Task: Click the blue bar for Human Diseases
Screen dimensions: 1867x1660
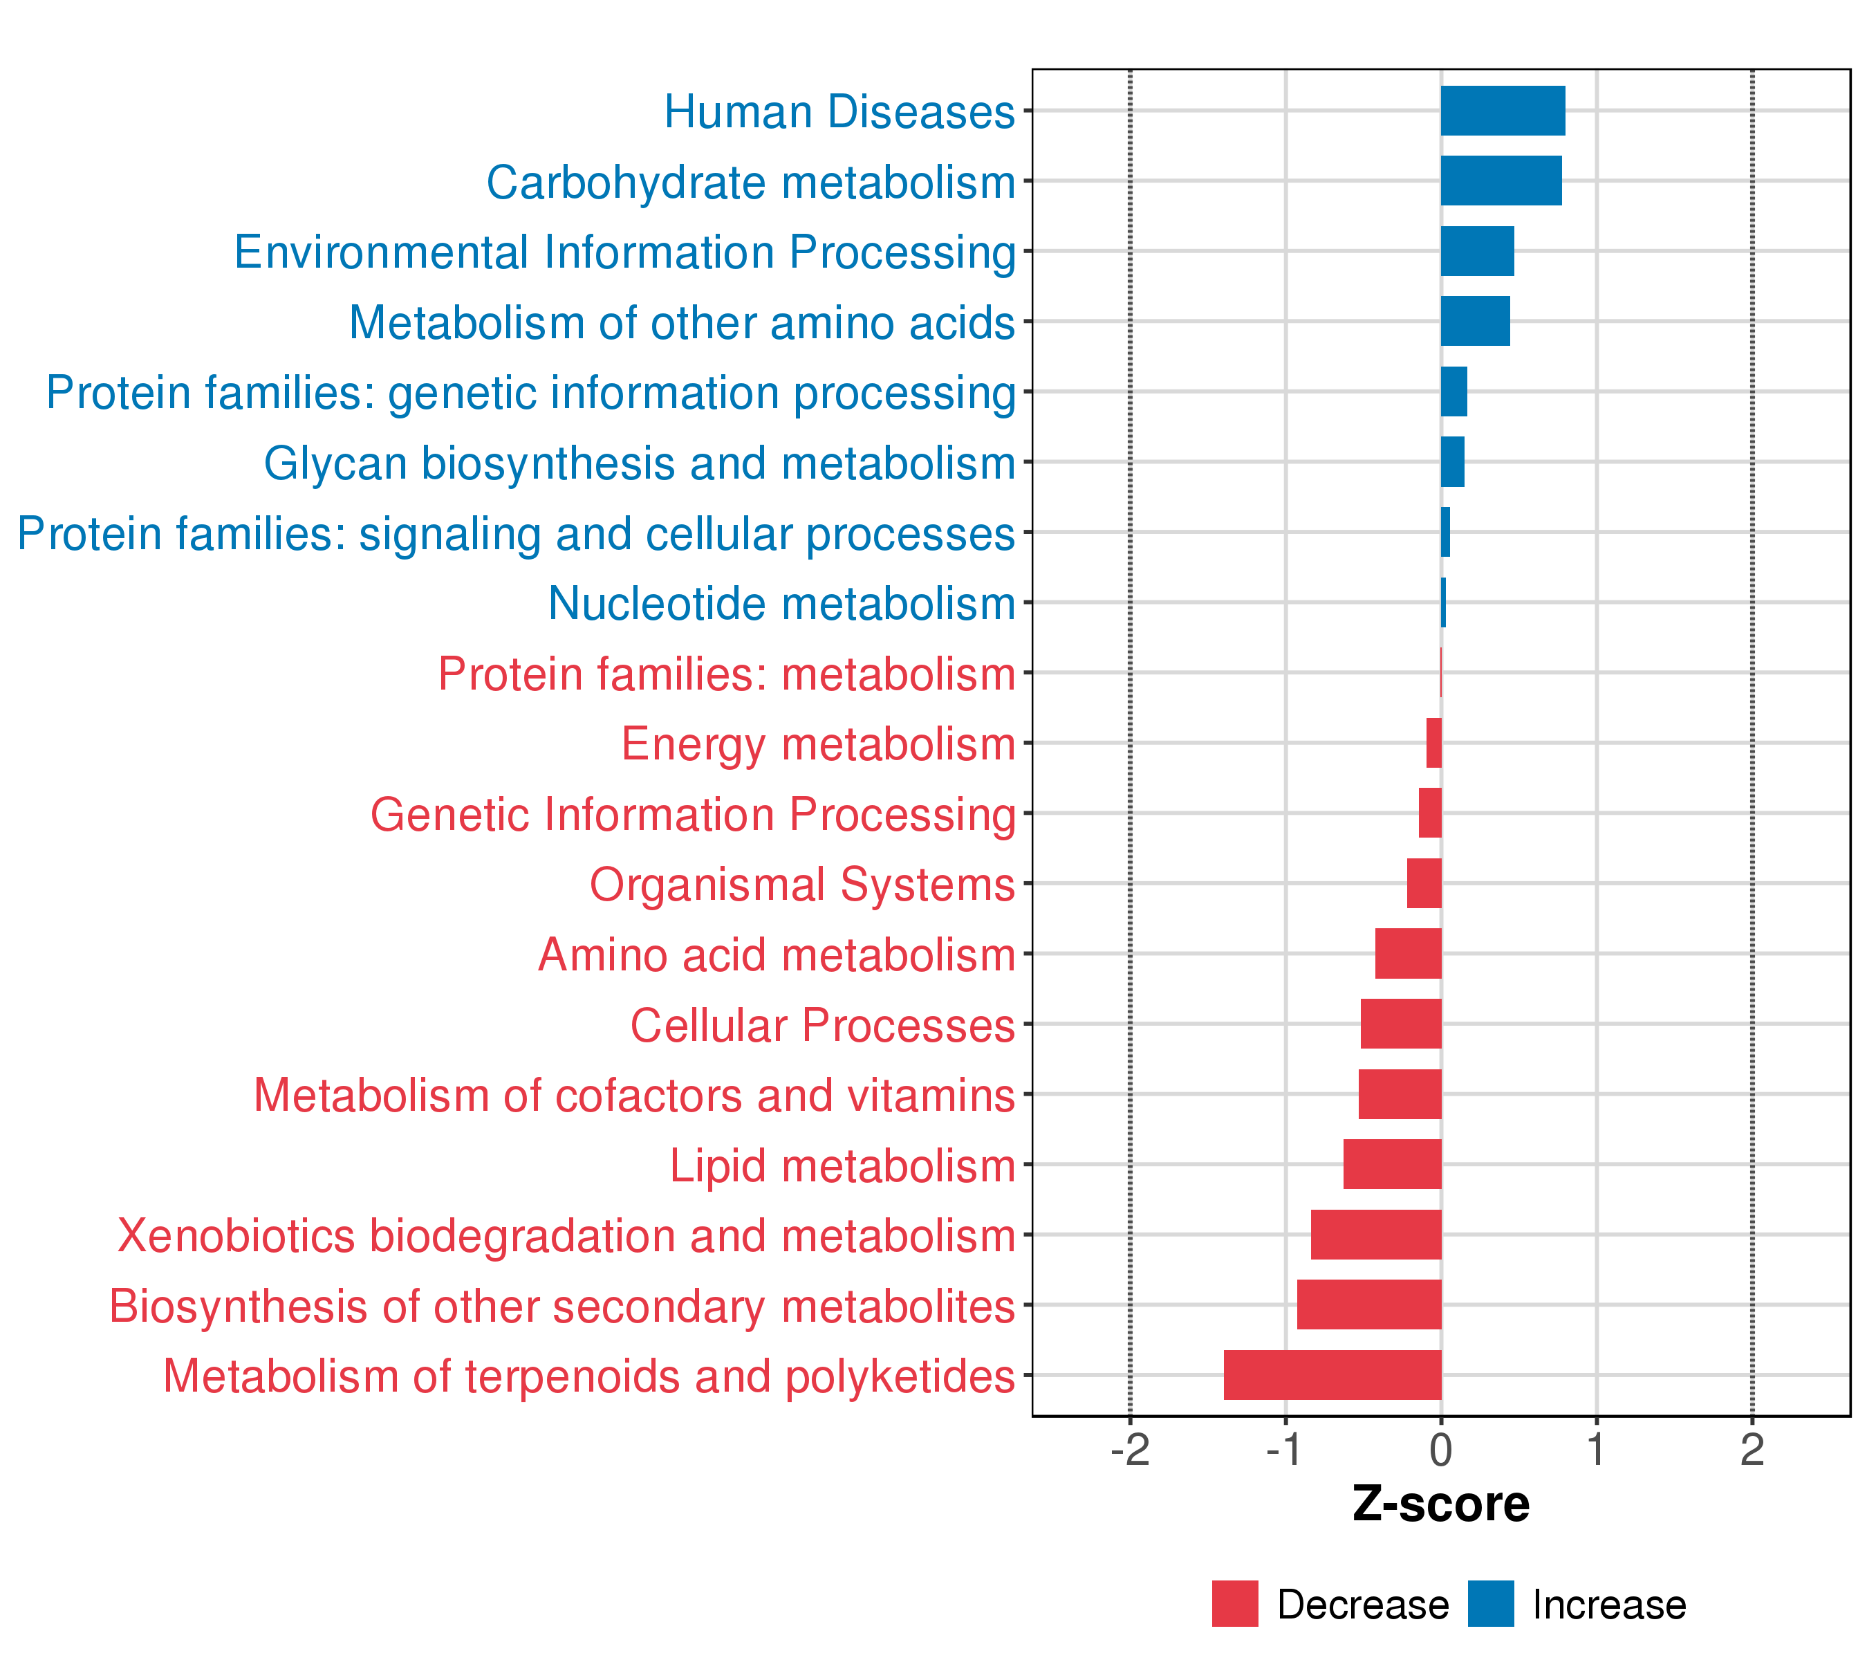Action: point(1503,111)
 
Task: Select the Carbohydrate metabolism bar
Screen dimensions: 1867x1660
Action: point(1501,181)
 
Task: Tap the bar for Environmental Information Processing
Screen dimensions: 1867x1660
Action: point(1477,251)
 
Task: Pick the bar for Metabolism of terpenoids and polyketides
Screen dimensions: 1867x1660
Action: point(1332,1375)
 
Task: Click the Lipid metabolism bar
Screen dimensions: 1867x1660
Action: point(1392,1164)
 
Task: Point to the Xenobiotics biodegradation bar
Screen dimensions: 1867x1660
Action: point(1375,1234)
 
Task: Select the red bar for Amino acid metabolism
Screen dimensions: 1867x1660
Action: point(1409,954)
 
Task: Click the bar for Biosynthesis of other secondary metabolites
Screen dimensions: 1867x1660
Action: point(1369,1304)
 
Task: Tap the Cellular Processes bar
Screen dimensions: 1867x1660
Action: point(1401,1023)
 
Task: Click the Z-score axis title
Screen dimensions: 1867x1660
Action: point(1440,1504)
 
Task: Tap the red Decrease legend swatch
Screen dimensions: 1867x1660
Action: point(1235,1604)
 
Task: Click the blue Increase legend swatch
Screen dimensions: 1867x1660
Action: point(1491,1604)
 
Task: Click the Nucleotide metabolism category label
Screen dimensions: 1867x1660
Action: point(782,604)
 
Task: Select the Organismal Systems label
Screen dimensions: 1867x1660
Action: point(802,885)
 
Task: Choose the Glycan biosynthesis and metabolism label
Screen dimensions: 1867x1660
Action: point(640,464)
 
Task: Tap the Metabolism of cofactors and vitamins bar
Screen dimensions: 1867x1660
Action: point(1400,1094)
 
